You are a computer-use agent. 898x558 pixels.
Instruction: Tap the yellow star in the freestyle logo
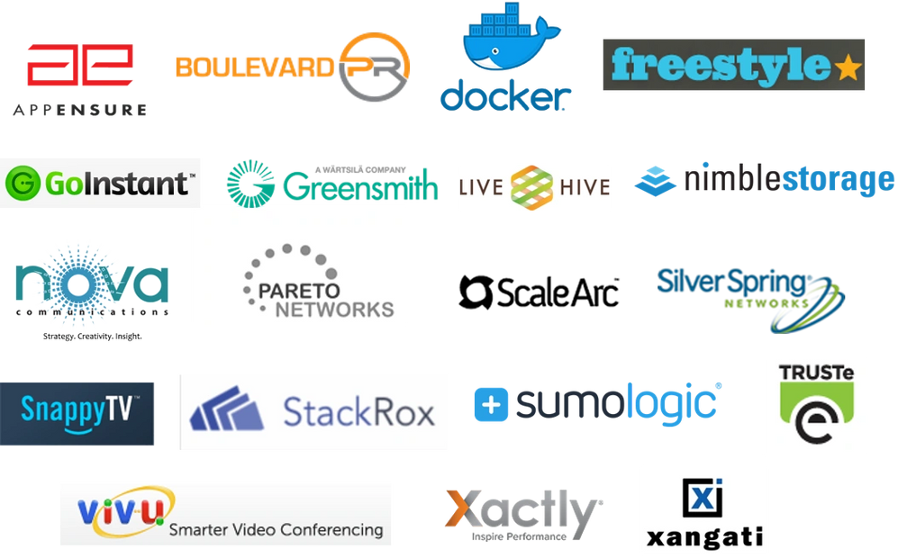coord(848,67)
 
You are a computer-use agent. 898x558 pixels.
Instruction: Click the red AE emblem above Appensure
coord(79,65)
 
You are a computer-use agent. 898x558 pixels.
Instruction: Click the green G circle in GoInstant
coord(22,184)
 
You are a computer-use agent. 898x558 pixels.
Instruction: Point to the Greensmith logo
coord(331,182)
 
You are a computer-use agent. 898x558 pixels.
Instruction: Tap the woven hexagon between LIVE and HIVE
coord(532,187)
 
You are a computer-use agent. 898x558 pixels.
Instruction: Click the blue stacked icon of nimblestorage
coord(656,180)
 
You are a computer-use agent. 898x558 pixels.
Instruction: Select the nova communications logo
coord(92,286)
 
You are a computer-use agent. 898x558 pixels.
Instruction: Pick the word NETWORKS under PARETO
coord(335,310)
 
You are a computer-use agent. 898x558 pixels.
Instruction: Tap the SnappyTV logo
coord(77,413)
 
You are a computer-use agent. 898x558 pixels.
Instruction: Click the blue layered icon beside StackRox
coord(226,409)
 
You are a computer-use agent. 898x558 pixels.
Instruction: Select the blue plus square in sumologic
coord(491,404)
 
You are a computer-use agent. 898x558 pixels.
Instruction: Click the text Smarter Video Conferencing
coord(276,529)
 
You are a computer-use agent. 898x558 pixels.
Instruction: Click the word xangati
coord(704,538)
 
